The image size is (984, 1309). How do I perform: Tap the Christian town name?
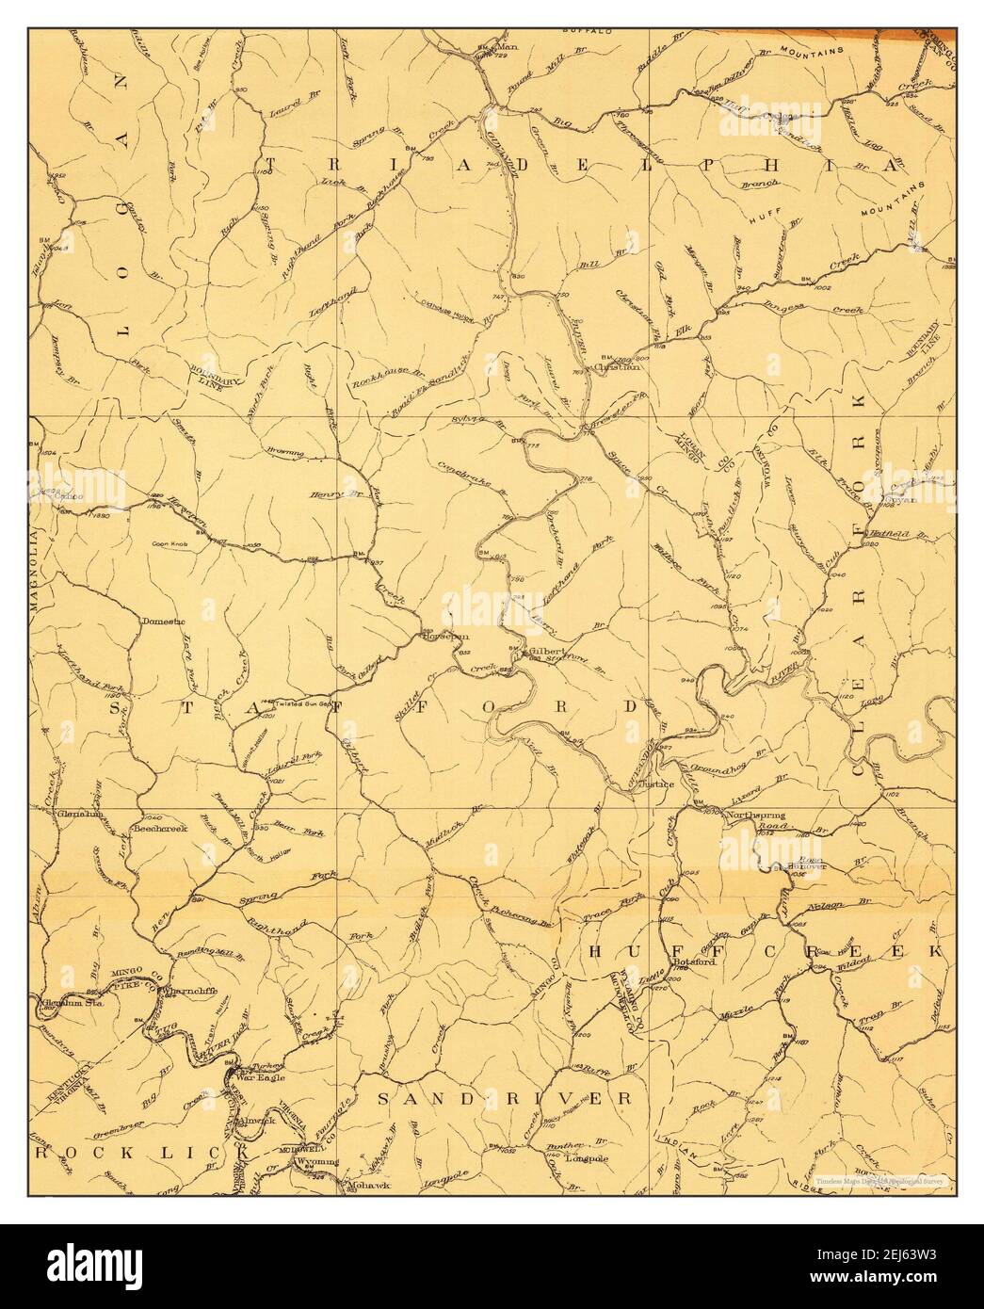pyautogui.click(x=618, y=367)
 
